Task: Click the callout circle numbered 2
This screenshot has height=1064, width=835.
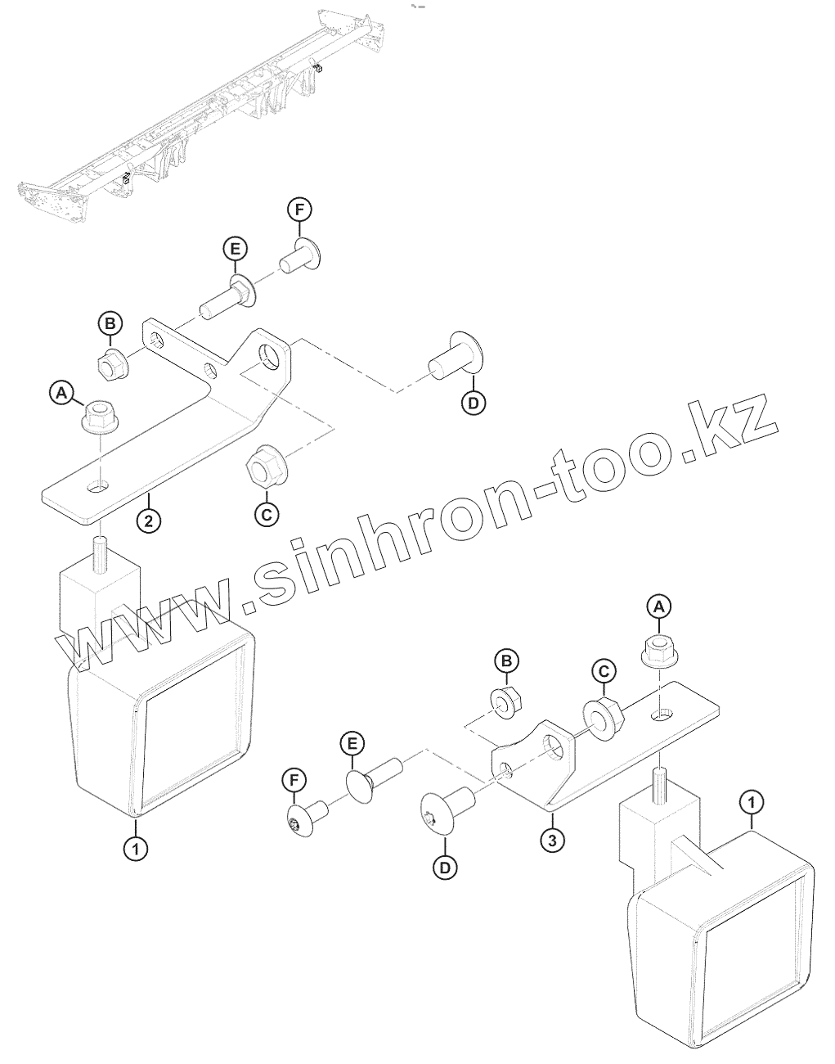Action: (149, 519)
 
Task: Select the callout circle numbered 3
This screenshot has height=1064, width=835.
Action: (552, 839)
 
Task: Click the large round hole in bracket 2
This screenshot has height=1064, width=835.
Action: (269, 356)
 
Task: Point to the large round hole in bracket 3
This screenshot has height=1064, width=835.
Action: (556, 744)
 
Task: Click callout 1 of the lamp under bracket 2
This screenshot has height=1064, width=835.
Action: (136, 849)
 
